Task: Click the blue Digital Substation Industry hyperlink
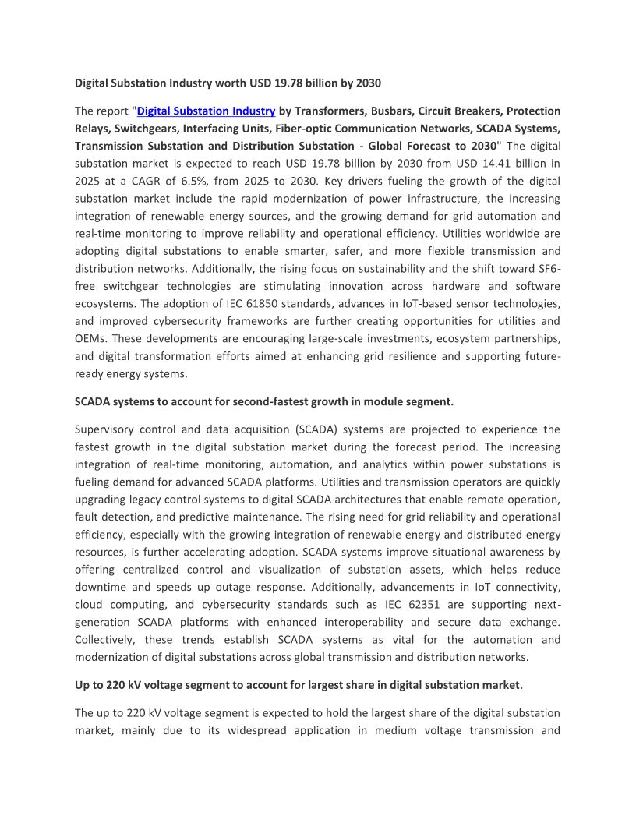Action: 206,111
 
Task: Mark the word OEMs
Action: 92,338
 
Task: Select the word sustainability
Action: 371,268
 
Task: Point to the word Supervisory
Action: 108,429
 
